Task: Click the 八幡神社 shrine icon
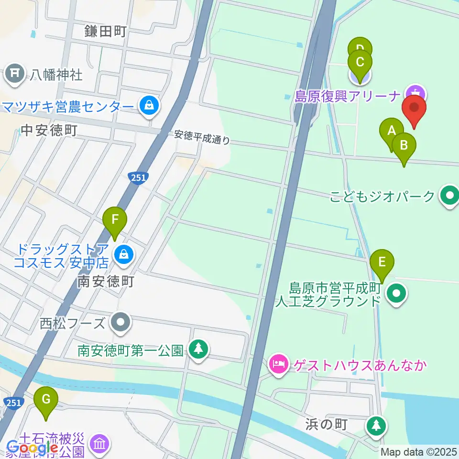[15, 74]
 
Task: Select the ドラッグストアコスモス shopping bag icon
[124, 254]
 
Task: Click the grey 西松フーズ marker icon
[120, 323]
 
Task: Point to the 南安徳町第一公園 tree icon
[197, 349]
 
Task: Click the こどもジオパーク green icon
[449, 196]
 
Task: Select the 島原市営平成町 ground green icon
[397, 295]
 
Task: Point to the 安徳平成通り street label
[202, 138]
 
